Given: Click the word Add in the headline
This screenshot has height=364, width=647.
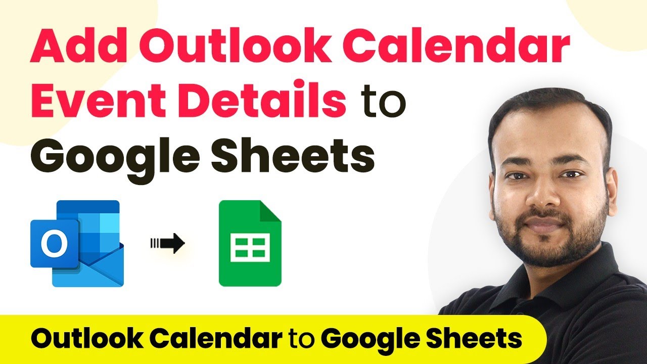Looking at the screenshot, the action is coord(78,45).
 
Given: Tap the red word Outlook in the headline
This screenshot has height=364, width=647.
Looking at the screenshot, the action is coord(235,45).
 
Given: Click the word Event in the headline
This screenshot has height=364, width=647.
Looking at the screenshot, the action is coord(98,100).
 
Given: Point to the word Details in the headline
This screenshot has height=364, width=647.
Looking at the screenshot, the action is coord(262,98).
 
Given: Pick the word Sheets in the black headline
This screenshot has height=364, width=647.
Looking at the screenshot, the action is coord(293,155).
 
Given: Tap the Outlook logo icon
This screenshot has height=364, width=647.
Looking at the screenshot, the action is coord(77,243).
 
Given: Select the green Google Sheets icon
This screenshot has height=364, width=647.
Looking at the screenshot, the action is coord(250,243).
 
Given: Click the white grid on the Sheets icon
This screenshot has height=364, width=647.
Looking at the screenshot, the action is coord(250,247).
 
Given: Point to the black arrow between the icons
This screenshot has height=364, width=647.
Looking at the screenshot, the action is coord(167,243).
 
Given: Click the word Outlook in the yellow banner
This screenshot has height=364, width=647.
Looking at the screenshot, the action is coord(86,338).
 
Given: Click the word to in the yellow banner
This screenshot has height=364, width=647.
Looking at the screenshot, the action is coord(302,339).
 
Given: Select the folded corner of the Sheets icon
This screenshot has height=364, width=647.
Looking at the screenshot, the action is coord(270,211).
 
